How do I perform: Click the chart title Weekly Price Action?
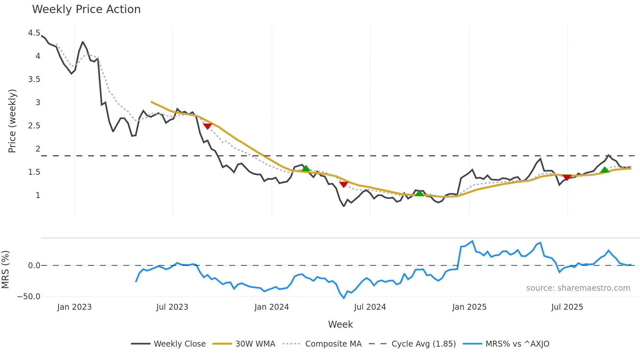[86, 9]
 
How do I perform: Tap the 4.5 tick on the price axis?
[34, 33]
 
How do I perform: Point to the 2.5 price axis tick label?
[34, 126]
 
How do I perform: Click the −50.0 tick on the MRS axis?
[29, 297]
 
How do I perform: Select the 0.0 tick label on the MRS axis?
[34, 266]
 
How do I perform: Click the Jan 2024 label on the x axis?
[272, 307]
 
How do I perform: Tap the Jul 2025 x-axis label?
[567, 307]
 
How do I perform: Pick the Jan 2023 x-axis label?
[74, 307]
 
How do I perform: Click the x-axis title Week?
[340, 324]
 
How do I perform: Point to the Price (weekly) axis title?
[12, 121]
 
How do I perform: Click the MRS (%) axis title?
[5, 270]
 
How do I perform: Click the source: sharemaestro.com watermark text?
[578, 288]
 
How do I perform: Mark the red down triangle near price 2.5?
[207, 126]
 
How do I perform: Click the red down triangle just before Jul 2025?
[567, 177]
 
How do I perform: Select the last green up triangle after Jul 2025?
[605, 170]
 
